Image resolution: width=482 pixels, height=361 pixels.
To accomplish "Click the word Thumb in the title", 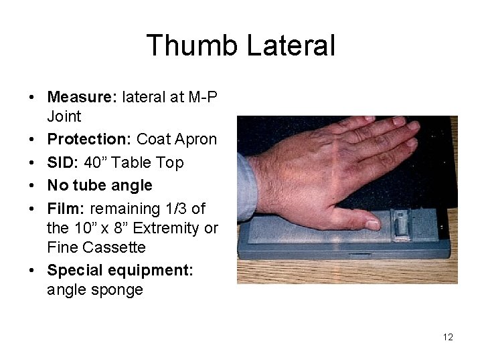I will [192, 46].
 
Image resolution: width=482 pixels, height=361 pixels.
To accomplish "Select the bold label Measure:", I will [82, 97].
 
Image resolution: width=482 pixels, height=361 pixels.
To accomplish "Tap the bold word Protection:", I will [90, 139].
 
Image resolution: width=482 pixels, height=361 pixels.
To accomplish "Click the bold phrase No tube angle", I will [99, 185].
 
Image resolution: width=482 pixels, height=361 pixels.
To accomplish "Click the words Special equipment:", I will [120, 270].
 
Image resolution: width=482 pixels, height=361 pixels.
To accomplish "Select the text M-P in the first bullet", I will [203, 97].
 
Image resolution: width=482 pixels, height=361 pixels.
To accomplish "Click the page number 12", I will [448, 337].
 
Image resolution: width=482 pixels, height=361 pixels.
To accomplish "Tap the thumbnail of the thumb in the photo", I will [372, 224].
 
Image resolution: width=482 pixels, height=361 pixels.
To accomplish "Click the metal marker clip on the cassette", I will [400, 223].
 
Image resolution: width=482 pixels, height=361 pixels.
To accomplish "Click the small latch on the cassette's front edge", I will [359, 255].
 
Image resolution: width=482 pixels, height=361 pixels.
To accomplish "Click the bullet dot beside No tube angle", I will [32, 186].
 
